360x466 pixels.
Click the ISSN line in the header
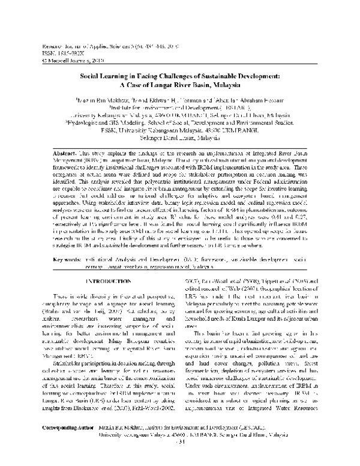coord(56,52)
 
